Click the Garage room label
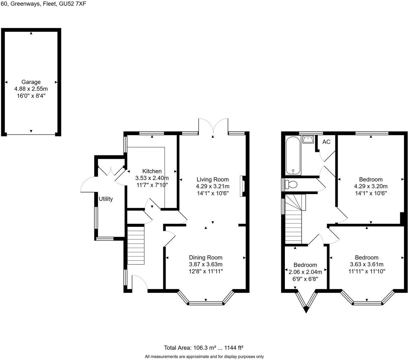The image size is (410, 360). click(x=31, y=82)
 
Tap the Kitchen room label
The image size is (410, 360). click(x=152, y=171)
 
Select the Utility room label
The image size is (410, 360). click(x=106, y=199)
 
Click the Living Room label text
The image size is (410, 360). click(x=212, y=179)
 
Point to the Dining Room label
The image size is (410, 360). click(x=205, y=257)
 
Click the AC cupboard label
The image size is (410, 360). click(x=326, y=142)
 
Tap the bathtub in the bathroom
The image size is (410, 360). click(x=293, y=155)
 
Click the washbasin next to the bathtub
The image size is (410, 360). click(x=308, y=140)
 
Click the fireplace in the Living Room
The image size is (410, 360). click(x=243, y=186)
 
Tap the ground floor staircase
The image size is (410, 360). click(x=135, y=245)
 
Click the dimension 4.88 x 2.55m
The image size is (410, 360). click(x=31, y=89)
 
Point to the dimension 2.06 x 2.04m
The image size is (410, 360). click(x=305, y=272)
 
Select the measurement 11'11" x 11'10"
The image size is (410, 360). click(x=366, y=271)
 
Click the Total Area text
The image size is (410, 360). click(x=203, y=348)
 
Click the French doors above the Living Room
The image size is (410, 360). click(x=213, y=125)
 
